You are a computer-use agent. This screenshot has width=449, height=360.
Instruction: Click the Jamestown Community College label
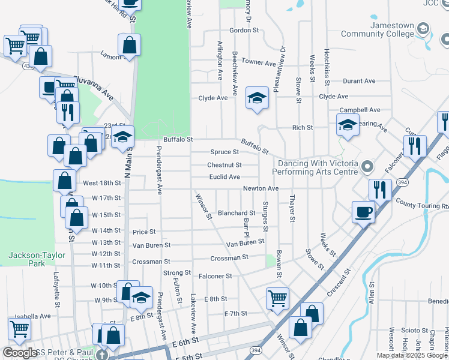377,30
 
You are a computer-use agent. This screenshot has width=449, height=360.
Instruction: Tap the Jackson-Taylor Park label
27,259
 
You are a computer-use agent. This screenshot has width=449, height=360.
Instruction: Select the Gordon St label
244,30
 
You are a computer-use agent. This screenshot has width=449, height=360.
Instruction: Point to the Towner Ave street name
258,62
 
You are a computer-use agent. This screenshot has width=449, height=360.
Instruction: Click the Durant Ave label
359,81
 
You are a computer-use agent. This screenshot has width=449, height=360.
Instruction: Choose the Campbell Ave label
360,110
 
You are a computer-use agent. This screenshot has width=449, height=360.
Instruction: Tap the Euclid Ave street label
224,177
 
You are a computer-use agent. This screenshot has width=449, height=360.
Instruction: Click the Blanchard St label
237,213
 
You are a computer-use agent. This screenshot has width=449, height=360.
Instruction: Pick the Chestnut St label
224,165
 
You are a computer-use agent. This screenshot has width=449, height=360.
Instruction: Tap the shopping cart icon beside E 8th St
277,298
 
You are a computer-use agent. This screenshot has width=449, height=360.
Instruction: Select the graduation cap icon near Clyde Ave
257,98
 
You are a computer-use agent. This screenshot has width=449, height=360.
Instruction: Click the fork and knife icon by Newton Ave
380,190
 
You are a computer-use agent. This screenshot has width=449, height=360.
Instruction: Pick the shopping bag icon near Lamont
129,44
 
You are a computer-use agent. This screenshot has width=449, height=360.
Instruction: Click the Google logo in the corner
20,353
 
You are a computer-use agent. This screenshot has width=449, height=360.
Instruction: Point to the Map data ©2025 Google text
412,355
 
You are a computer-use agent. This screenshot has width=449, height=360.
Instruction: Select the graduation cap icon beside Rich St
347,125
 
